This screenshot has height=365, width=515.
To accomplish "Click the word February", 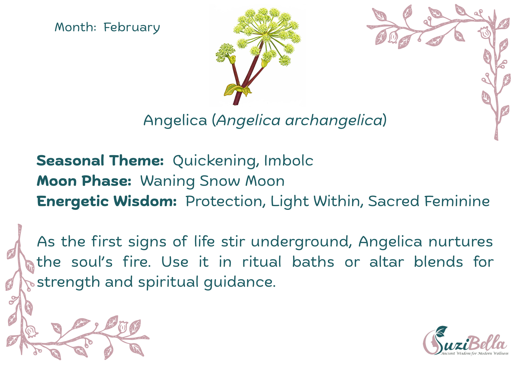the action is tap(132, 28).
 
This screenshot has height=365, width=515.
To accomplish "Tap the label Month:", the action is tap(75, 27).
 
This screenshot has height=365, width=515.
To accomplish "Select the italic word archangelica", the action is tap(334, 120).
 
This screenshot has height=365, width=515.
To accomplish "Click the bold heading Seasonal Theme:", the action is tap(100, 161).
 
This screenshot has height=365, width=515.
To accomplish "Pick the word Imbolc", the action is tap(288, 161).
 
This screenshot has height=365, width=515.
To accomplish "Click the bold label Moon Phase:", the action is tap(84, 181).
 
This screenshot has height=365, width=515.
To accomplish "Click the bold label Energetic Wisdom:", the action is tap(106, 201).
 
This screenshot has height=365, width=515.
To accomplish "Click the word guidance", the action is tap(240, 282).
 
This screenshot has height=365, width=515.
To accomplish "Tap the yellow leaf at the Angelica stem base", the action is tap(234, 90).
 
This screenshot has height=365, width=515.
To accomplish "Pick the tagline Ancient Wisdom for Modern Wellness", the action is tap(475, 353).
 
